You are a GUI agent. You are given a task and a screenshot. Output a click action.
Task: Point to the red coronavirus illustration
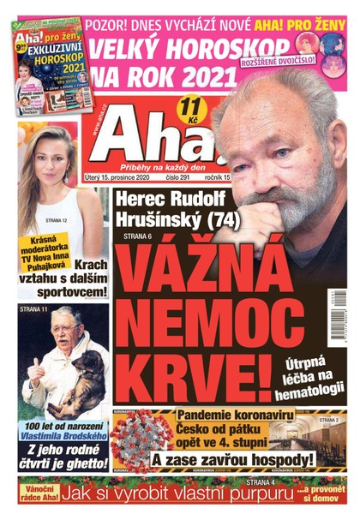[141, 439]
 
